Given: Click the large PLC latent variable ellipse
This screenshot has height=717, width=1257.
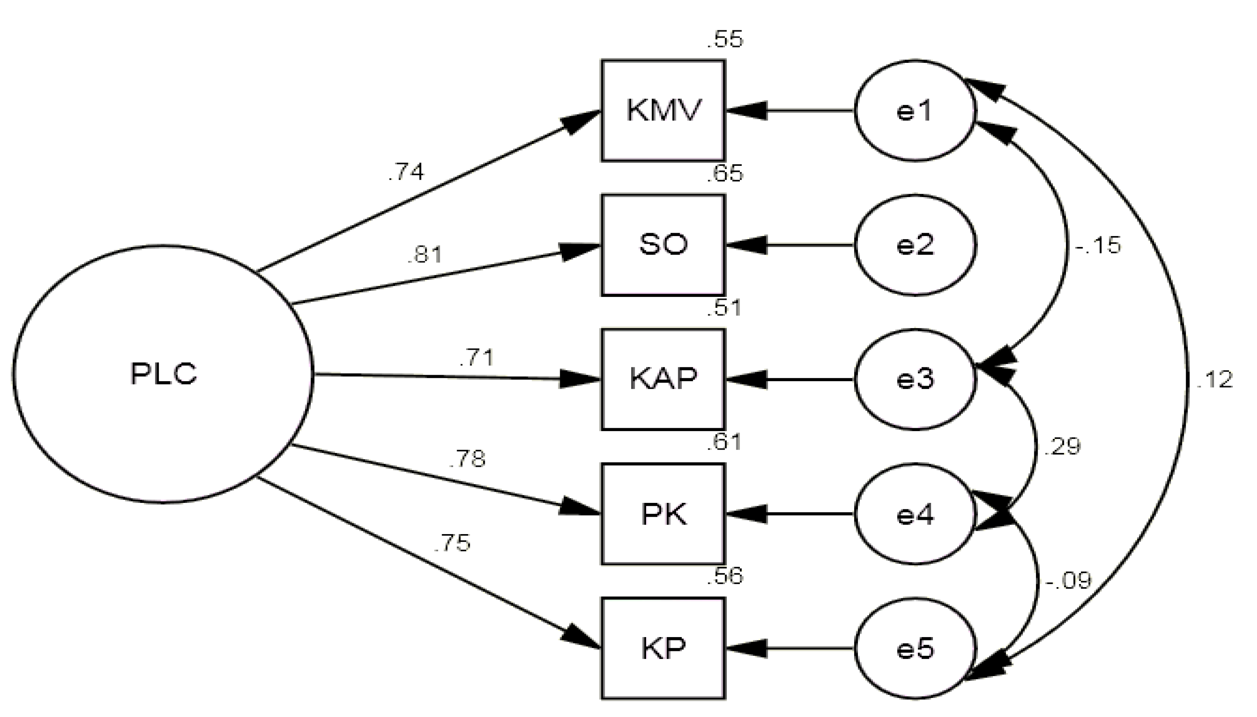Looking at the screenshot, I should coord(163,374).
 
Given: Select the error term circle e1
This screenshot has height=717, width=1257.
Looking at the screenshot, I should coord(914,110).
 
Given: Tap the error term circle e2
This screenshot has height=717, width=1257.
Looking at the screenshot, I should coord(914,245).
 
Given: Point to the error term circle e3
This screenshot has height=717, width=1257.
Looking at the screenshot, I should coord(914,379).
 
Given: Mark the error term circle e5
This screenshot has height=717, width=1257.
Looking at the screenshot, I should coord(914,648).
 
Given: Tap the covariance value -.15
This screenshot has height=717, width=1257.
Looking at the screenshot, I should coord(1098,245).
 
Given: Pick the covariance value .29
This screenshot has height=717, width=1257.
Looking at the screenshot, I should coord(1061,446).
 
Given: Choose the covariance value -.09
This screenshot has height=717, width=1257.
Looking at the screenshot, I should coord(1068,581).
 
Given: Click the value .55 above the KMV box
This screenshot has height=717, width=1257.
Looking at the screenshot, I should coord(724,40).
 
